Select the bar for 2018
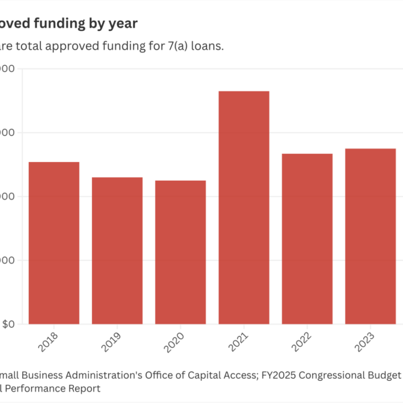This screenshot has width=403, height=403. click(54, 243)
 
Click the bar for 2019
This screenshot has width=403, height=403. click(117, 251)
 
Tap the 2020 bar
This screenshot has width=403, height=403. click(180, 253)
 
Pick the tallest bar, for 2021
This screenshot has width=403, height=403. click(244, 208)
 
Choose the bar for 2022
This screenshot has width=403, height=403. click(307, 239)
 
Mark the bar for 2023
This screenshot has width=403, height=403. click(370, 236)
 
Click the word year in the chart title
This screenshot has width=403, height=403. click(123, 24)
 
